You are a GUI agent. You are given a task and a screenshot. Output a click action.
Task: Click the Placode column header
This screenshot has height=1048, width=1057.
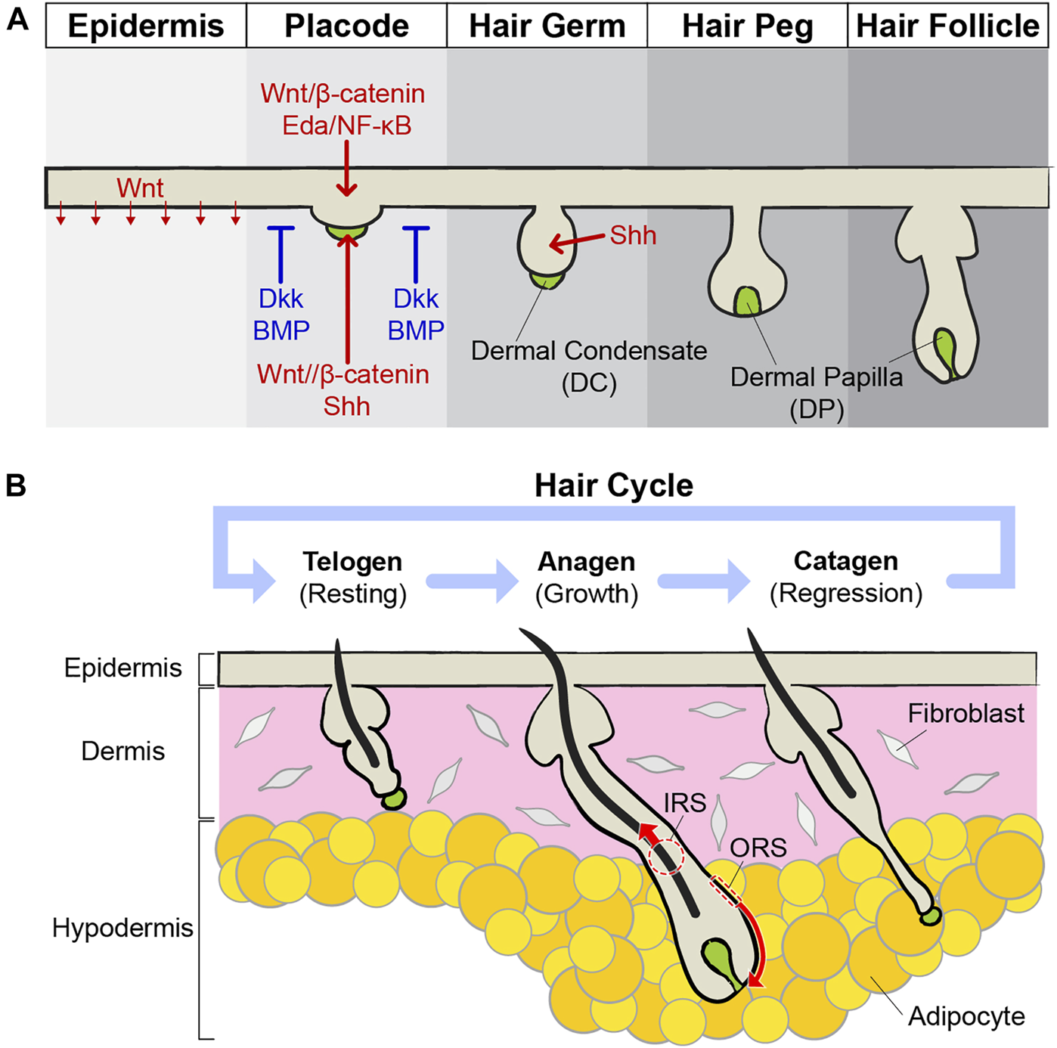coord(346,26)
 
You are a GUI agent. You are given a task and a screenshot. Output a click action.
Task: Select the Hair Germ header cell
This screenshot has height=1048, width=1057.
coord(547,26)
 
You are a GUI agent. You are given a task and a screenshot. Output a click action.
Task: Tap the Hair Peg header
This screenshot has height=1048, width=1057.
coord(747,26)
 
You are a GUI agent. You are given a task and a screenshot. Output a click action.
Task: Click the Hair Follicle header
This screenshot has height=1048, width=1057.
coord(948,26)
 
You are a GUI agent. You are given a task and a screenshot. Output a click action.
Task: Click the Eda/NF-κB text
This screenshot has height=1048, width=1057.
coord(346,125)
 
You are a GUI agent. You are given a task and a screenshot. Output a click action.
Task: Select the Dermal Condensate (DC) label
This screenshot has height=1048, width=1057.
coord(589,366)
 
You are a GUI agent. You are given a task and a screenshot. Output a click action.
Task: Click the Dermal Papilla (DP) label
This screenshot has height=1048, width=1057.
coord(817,392)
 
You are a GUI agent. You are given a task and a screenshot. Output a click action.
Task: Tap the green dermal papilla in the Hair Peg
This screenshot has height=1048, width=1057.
coord(747,300)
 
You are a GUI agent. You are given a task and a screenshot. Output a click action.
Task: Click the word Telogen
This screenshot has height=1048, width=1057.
coord(352,562)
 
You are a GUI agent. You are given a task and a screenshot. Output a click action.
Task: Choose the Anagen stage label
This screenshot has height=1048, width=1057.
coord(587,562)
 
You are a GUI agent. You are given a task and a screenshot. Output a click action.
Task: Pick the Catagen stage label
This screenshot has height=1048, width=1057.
coord(846,561)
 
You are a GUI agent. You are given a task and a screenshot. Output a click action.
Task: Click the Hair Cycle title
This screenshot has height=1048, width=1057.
coord(613,485)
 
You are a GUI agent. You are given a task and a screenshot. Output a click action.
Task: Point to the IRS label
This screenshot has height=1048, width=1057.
coord(684,802)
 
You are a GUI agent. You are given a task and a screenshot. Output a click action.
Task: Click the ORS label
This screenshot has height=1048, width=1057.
coord(758,848)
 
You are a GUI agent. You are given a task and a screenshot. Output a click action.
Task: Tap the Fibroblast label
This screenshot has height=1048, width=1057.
coord(966,713)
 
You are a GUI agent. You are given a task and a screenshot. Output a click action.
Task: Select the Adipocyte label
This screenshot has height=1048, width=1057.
coord(966,1016)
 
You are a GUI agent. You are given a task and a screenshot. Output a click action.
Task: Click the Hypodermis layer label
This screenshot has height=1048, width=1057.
coord(122,928)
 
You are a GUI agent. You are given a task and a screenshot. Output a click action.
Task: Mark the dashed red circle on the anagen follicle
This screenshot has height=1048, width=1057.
coord(666,857)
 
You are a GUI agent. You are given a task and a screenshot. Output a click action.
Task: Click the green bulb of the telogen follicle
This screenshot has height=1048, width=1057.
coord(393,798)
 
